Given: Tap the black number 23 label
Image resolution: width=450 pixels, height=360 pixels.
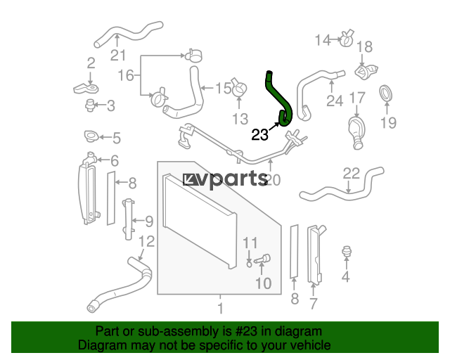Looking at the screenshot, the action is coord(259,134).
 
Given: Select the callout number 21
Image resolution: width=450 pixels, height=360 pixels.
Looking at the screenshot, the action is coord(118,55).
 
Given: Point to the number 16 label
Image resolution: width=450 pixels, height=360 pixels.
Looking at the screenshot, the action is coord(126,75).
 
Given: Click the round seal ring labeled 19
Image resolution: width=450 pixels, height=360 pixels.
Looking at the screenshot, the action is coord(386,94).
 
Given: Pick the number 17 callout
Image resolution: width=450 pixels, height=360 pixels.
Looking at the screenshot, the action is coord(357,98).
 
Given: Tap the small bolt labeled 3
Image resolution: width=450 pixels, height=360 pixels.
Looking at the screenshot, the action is coord(90,105).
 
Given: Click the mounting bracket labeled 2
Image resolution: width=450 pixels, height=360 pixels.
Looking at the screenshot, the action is coord(86,88).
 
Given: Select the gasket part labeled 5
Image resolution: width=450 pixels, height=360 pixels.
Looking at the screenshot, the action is coord(91,136).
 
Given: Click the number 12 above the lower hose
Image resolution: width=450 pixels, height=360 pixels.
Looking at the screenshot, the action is coord(147,241).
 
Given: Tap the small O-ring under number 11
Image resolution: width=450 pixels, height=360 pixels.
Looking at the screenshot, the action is coord(249,264).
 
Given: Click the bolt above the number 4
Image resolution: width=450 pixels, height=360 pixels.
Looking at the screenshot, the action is coord(347,251).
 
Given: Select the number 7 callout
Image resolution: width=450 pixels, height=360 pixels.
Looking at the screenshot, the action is coord(313,304).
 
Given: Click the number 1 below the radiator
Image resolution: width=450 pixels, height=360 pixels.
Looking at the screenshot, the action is coord(220,309).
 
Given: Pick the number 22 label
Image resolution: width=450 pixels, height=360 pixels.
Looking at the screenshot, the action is coord(352,174).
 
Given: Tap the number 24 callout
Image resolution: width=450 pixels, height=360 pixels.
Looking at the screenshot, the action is coord(335,101).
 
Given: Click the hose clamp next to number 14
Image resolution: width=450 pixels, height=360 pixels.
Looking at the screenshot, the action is coord(347,39).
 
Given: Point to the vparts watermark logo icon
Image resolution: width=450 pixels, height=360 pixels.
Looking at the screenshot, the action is coord(191,179).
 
